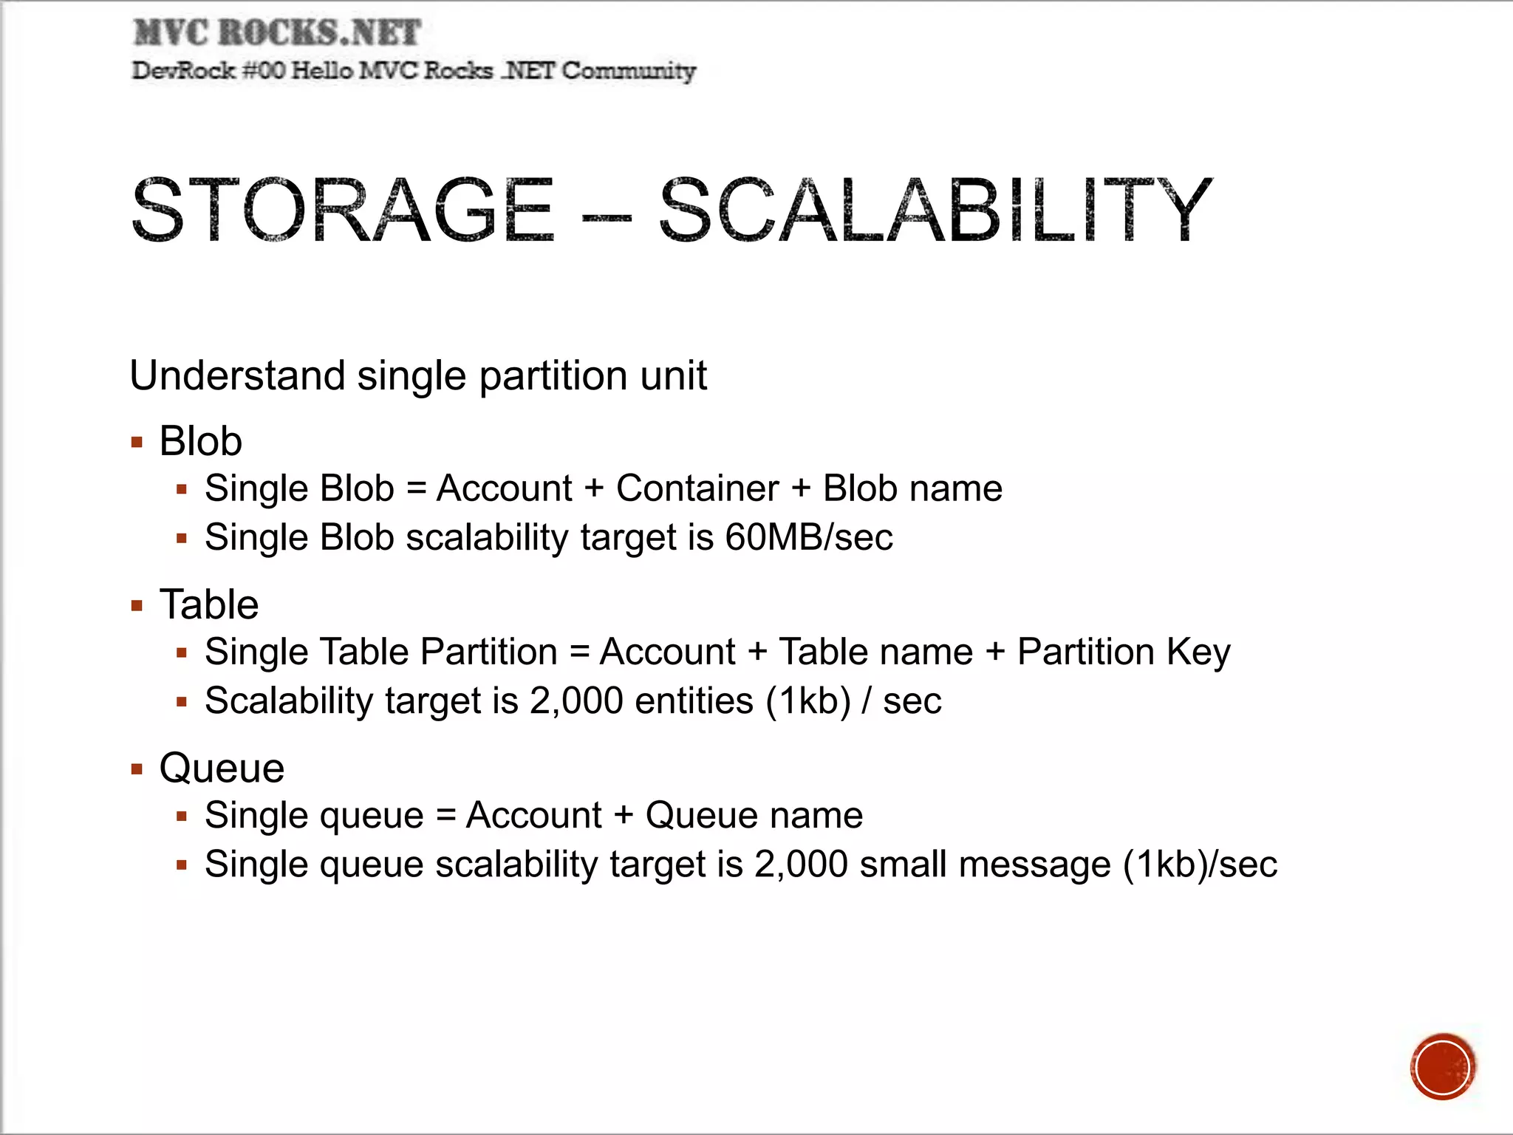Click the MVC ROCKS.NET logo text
point(277,33)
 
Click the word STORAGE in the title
point(342,211)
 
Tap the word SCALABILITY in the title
point(935,211)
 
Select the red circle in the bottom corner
point(1442,1067)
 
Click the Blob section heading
point(200,441)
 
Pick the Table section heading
point(209,604)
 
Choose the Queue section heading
point(222,768)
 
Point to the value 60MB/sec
point(808,537)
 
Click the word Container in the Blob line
point(697,488)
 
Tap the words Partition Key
point(1124,652)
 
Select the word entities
point(694,701)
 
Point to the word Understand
point(237,375)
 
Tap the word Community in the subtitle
point(629,71)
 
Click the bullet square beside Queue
point(137,769)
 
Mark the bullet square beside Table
point(137,606)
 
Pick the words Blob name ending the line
point(912,488)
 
